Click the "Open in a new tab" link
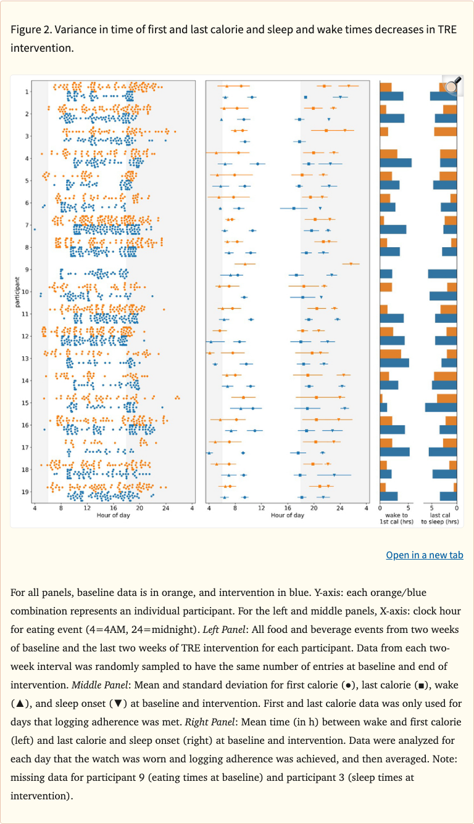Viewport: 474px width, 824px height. coord(424,555)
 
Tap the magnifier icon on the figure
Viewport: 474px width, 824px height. coord(452,84)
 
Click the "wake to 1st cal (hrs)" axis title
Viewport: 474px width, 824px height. coord(396,518)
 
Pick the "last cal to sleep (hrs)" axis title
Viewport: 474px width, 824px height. coord(440,518)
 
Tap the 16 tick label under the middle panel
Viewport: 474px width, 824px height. coord(288,508)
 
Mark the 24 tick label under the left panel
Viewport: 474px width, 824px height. coord(166,508)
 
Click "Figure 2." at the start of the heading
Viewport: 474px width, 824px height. coord(31,30)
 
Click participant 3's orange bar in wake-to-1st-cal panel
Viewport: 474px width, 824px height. coord(383,131)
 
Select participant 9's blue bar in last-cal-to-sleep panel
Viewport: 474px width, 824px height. coord(442,274)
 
